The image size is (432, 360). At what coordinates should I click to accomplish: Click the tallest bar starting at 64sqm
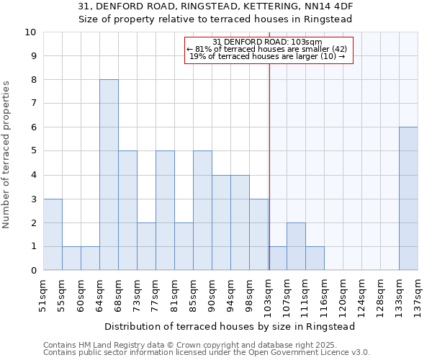(x=109, y=175)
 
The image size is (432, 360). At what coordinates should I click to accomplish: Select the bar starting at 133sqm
(x=408, y=199)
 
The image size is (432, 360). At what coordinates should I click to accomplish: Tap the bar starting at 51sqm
(x=53, y=235)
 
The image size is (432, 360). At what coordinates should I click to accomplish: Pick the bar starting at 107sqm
(x=296, y=246)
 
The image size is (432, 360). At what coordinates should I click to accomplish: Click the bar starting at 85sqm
(x=202, y=210)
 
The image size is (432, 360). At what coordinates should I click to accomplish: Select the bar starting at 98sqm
(x=258, y=235)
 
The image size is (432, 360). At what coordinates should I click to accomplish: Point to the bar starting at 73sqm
(x=146, y=246)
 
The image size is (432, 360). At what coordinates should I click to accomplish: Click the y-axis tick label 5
(x=33, y=151)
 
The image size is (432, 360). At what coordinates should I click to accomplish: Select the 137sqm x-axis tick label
(x=418, y=294)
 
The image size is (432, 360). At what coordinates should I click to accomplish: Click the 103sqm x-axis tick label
(x=269, y=294)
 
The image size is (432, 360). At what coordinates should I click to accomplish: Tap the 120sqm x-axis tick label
(x=343, y=294)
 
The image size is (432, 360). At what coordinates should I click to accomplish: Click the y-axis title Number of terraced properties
(x=7, y=154)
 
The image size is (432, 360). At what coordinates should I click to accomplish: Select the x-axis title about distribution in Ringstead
(x=230, y=326)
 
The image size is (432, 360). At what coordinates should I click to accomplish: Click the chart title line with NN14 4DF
(x=215, y=6)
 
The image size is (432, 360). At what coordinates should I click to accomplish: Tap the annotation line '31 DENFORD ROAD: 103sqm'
(x=268, y=42)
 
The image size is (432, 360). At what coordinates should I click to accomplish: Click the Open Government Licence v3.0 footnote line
(x=207, y=353)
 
